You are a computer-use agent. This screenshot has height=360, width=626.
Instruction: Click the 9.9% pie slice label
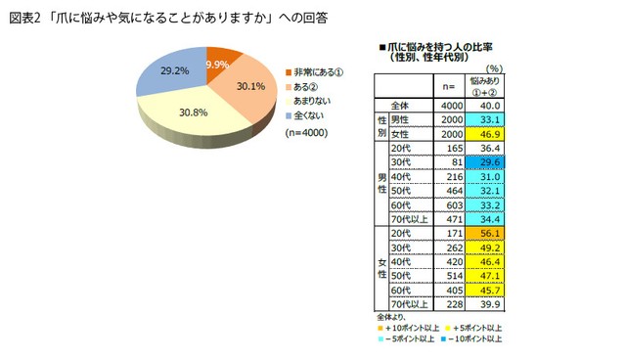[217, 65]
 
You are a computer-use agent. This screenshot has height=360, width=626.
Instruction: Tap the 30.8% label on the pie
[194, 113]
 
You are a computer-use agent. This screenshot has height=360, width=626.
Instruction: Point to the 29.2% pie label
[174, 71]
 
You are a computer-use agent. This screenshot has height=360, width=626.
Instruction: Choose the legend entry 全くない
[307, 113]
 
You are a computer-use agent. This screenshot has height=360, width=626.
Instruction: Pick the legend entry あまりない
[311, 100]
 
